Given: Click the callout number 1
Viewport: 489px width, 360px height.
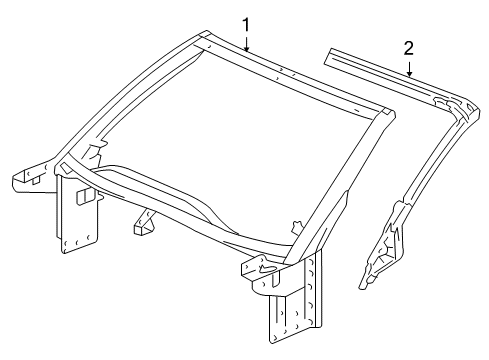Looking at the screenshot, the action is (245, 25).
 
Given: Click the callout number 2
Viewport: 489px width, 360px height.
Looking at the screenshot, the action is (409, 49).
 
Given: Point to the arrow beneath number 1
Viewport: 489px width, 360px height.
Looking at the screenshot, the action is (246, 43).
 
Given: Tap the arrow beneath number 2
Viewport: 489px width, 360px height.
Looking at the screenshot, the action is (409, 68).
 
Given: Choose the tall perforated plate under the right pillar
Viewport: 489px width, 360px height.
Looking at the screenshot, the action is (295, 300).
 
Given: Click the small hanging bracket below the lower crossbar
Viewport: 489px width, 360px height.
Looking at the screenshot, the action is (144, 222).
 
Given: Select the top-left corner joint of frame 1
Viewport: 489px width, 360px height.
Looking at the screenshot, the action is (203, 38).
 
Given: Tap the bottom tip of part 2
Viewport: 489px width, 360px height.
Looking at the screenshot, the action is (362, 287).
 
